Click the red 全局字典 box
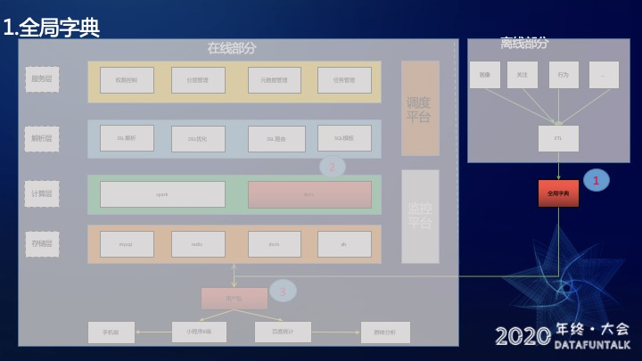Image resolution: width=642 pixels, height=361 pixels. pyautogui.click(x=558, y=193)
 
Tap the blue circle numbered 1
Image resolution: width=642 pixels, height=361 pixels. pyautogui.click(x=596, y=180)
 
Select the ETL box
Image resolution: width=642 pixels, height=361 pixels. pyautogui.click(x=558, y=138)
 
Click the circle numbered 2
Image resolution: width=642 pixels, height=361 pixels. pyautogui.click(x=332, y=166)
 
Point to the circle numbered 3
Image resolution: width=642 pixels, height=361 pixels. pyautogui.click(x=282, y=291)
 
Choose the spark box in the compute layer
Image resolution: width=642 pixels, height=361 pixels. pyautogui.click(x=162, y=194)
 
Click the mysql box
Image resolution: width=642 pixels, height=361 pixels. pyautogui.click(x=127, y=244)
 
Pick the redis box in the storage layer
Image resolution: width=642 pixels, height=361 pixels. pyautogui.click(x=198, y=244)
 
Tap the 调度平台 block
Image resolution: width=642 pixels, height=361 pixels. pyautogui.click(x=420, y=108)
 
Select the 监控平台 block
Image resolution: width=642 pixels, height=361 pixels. pyautogui.click(x=420, y=217)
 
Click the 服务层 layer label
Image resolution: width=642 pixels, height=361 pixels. pyautogui.click(x=42, y=79)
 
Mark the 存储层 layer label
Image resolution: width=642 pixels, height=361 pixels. pyautogui.click(x=42, y=244)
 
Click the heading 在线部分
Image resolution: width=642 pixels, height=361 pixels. pyautogui.click(x=232, y=48)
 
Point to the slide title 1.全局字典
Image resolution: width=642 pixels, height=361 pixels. pyautogui.click(x=51, y=28)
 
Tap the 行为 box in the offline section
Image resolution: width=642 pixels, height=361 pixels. pyautogui.click(x=564, y=75)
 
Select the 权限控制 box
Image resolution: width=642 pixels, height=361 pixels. pyautogui.click(x=127, y=80)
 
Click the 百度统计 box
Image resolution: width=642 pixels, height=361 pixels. pyautogui.click(x=283, y=332)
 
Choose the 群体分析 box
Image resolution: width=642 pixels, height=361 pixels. pyautogui.click(x=385, y=332)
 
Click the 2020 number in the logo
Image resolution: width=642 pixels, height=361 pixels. pyautogui.click(x=523, y=336)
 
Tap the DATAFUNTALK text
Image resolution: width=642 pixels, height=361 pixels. pyautogui.click(x=592, y=344)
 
